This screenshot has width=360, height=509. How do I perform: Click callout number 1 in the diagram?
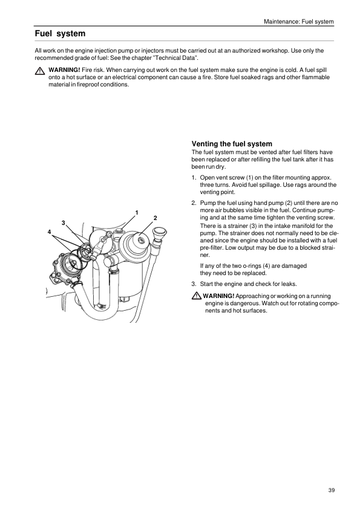(137, 213)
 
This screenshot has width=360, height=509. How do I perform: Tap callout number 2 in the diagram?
(155, 218)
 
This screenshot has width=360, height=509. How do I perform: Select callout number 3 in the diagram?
(64, 222)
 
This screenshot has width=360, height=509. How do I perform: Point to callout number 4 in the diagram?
(49, 232)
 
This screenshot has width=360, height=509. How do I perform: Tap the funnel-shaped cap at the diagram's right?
(160, 235)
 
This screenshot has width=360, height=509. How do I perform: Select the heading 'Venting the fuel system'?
(232, 144)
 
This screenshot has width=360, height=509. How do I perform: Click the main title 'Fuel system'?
(60, 33)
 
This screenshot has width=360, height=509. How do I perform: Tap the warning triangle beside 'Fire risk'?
(40, 71)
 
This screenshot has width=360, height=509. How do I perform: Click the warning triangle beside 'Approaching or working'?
(196, 296)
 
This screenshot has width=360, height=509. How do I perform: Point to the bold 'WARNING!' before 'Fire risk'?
(64, 70)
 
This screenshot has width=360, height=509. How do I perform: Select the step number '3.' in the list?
(194, 284)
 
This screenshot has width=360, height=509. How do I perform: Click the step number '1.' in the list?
(194, 178)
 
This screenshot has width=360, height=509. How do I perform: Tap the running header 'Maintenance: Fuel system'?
(299, 22)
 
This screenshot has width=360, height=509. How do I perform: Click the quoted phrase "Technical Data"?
(175, 58)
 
